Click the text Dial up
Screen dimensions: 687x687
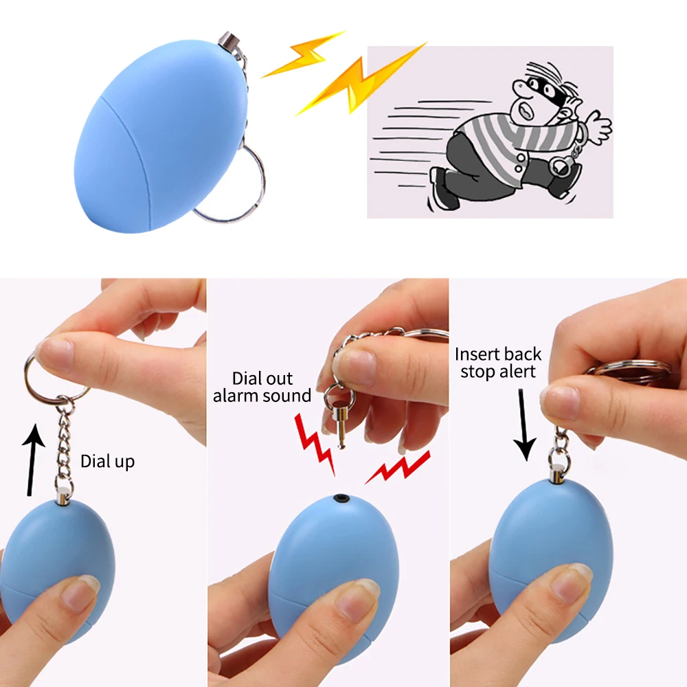[107, 461]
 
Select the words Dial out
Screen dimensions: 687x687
[262, 378]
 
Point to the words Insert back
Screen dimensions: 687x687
[498, 354]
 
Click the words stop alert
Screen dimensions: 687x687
[497, 372]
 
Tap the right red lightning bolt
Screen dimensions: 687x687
[398, 466]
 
